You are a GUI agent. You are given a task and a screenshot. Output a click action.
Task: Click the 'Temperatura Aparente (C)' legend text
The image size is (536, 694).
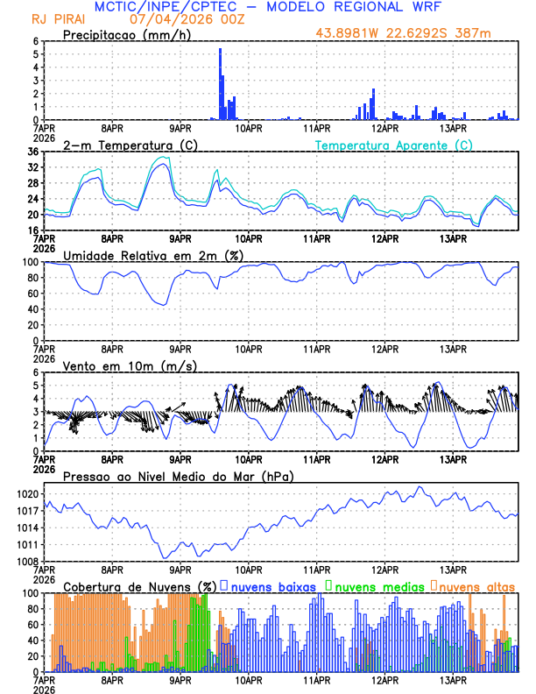(x=393, y=145)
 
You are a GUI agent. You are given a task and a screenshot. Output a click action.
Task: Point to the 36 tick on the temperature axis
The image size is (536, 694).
(x=32, y=152)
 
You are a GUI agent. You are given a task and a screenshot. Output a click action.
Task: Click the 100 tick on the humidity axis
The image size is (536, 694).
(x=29, y=262)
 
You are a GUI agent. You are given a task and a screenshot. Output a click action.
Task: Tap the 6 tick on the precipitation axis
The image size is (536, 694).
(x=35, y=41)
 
